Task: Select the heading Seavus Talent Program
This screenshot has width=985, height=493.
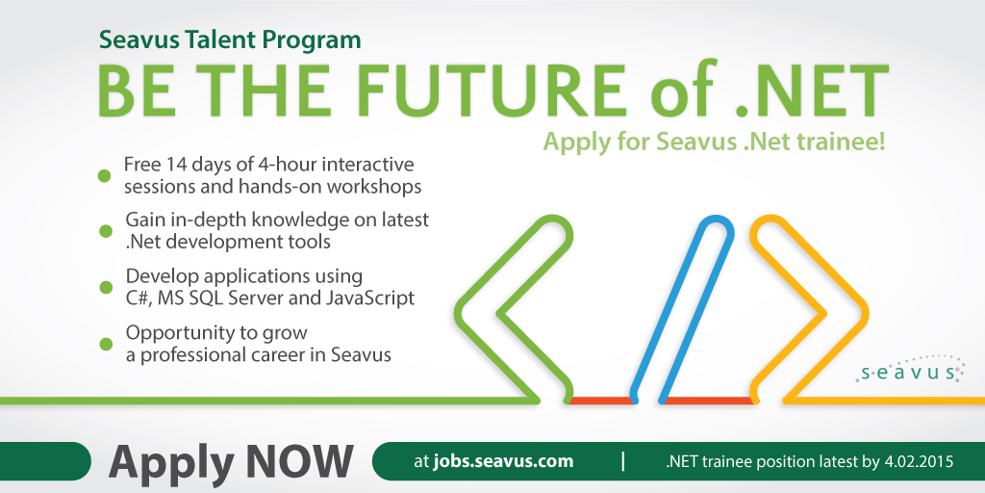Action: point(230,40)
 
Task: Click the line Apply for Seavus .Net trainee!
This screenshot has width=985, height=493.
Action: point(715,142)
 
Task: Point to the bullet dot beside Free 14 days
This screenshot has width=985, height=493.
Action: point(105,176)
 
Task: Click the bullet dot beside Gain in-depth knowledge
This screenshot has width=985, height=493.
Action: point(106,231)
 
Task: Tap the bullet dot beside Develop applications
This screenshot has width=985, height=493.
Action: point(106,287)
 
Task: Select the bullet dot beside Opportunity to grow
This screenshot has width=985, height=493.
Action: point(106,344)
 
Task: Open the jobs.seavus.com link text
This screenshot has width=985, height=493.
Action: point(503,461)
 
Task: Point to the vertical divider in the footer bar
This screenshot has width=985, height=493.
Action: point(622,461)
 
